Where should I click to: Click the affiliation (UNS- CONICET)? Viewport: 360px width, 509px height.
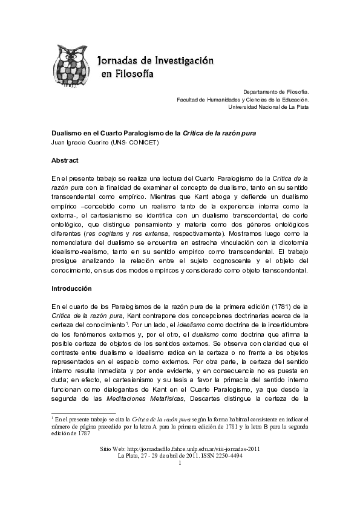point(139,143)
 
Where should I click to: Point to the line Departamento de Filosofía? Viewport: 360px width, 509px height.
point(276,90)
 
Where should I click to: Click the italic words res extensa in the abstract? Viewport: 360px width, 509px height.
point(162,233)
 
